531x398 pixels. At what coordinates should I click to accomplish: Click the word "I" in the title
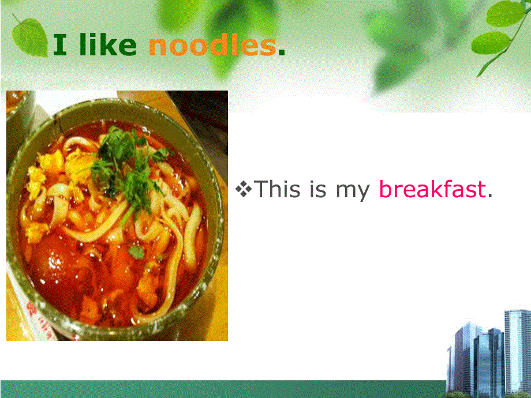pos(59,46)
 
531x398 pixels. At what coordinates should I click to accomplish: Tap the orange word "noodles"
pos(212,45)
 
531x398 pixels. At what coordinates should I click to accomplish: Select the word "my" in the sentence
pos(353,192)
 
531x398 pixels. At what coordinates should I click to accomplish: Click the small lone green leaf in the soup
pos(137,252)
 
